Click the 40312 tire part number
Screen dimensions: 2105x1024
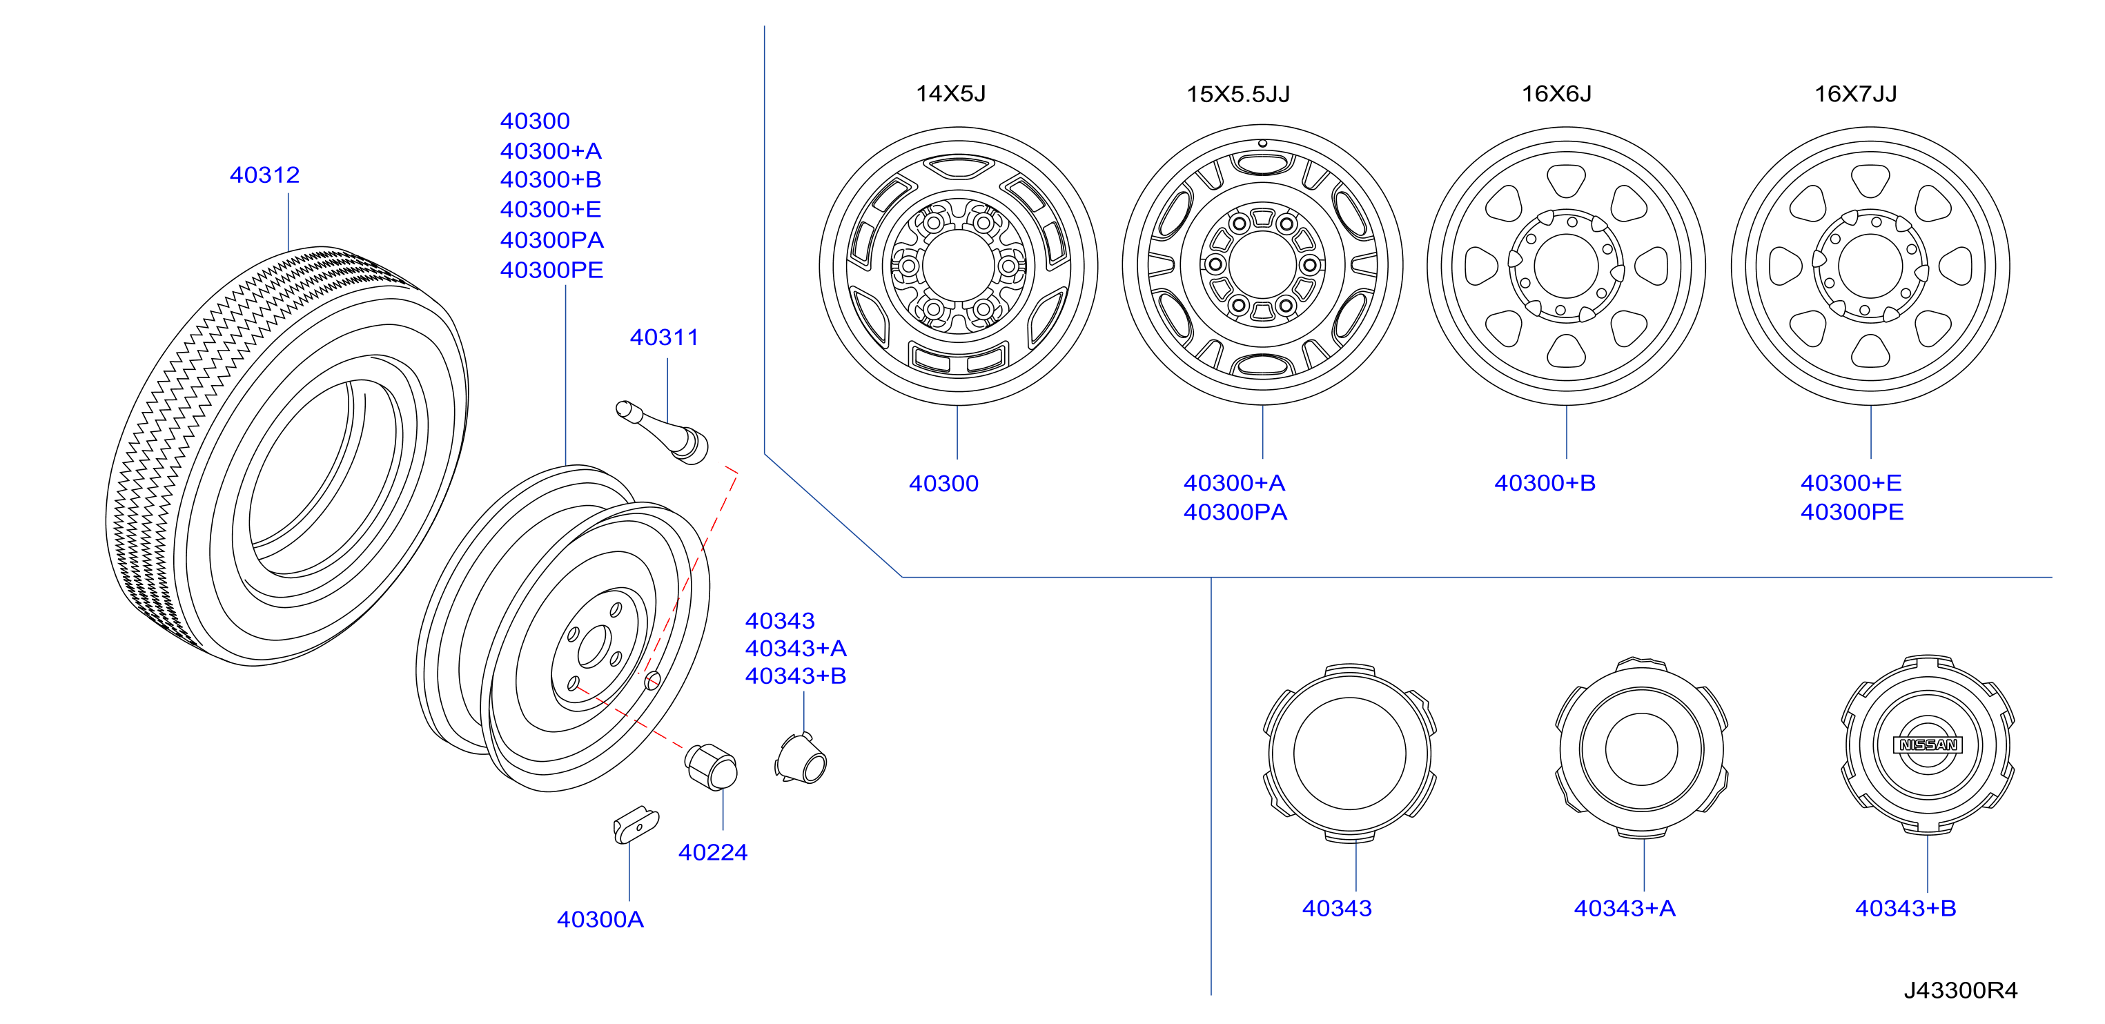(x=265, y=175)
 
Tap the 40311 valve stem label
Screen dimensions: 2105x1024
(x=665, y=337)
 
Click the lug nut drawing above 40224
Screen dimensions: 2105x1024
(x=711, y=767)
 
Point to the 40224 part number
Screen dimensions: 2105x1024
(x=712, y=852)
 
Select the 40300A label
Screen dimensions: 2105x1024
(x=600, y=919)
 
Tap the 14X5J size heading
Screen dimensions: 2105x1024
(x=951, y=93)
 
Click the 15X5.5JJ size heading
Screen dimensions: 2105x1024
(x=1238, y=94)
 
